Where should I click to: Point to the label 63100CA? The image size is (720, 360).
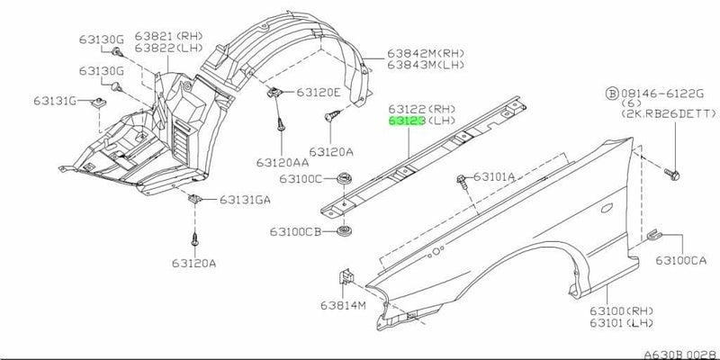(680, 260)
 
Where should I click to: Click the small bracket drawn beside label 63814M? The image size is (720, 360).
(344, 279)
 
